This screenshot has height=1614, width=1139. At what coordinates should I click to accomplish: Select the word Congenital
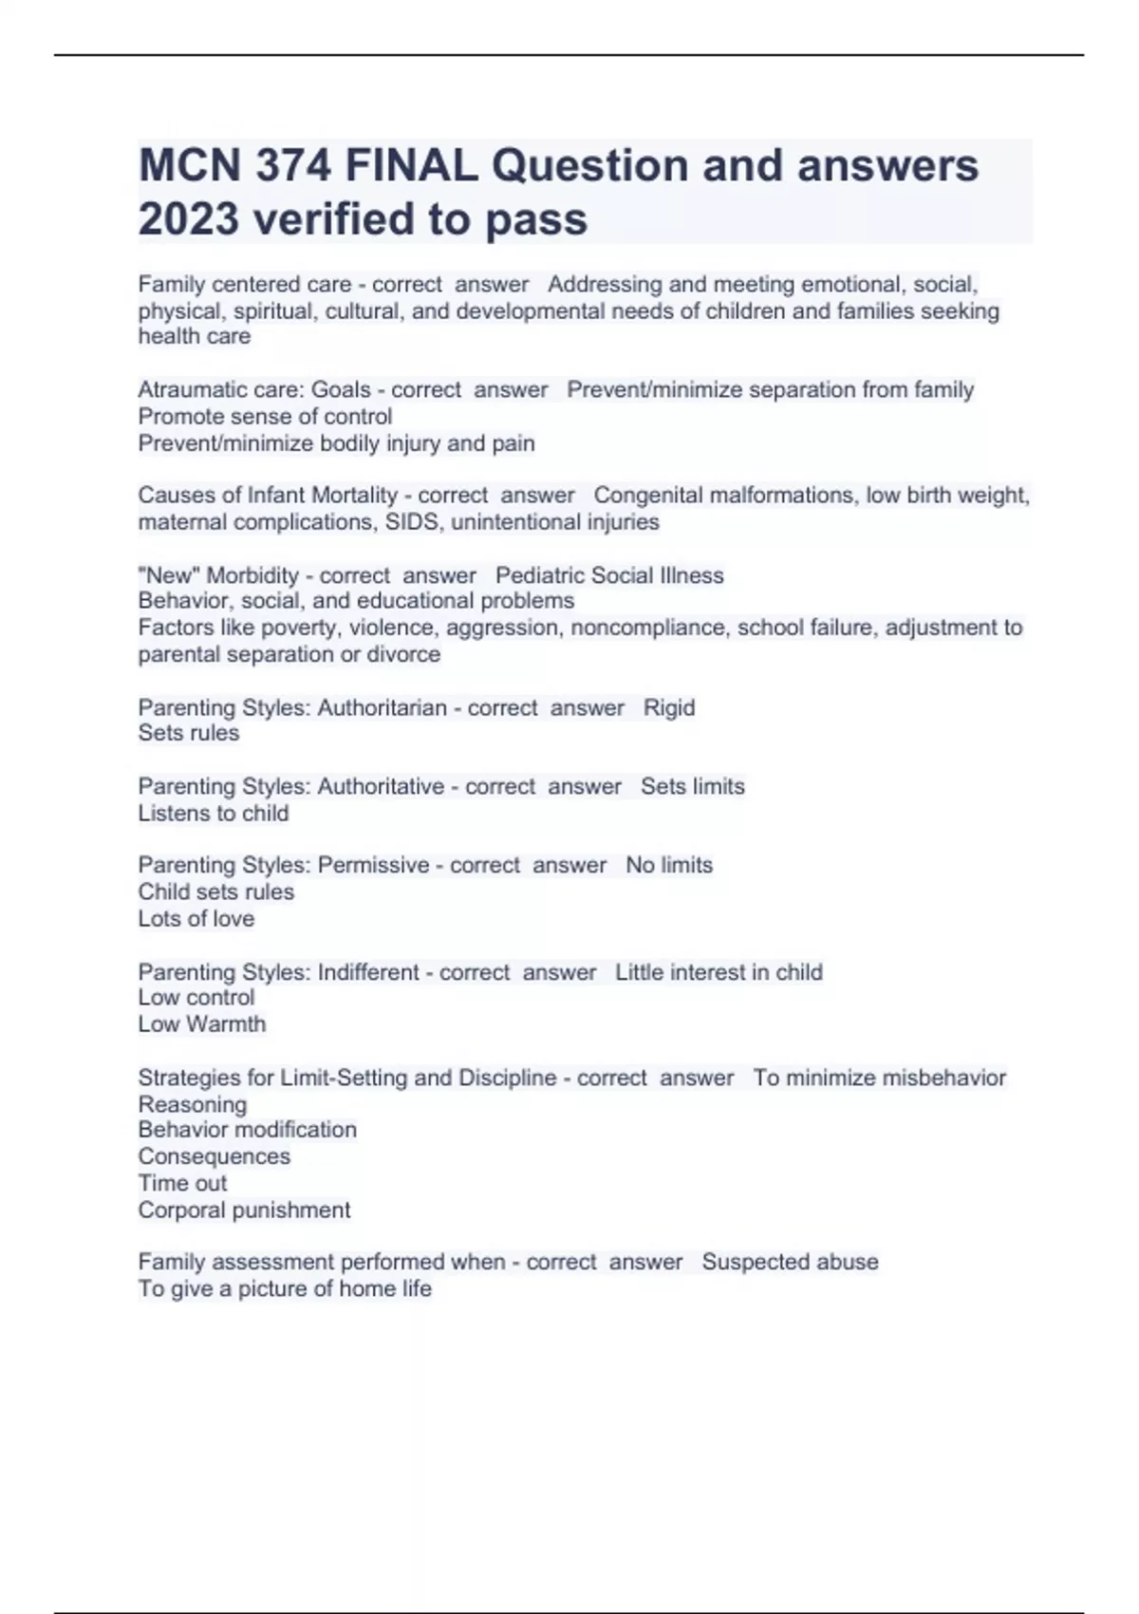coord(652,496)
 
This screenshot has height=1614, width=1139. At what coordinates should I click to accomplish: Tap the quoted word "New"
coord(170,575)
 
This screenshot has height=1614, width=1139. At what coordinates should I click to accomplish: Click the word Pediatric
coord(538,575)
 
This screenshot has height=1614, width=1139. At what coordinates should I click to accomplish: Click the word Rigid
coord(669,707)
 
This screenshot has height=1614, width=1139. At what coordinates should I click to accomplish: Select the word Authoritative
coord(381,786)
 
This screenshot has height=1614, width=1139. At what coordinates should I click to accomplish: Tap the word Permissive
coord(373,865)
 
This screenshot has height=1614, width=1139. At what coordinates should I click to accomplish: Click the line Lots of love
coord(196,918)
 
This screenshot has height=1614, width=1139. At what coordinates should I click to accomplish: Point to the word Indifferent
coord(368,972)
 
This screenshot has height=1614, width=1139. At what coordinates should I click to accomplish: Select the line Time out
coord(182,1183)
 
